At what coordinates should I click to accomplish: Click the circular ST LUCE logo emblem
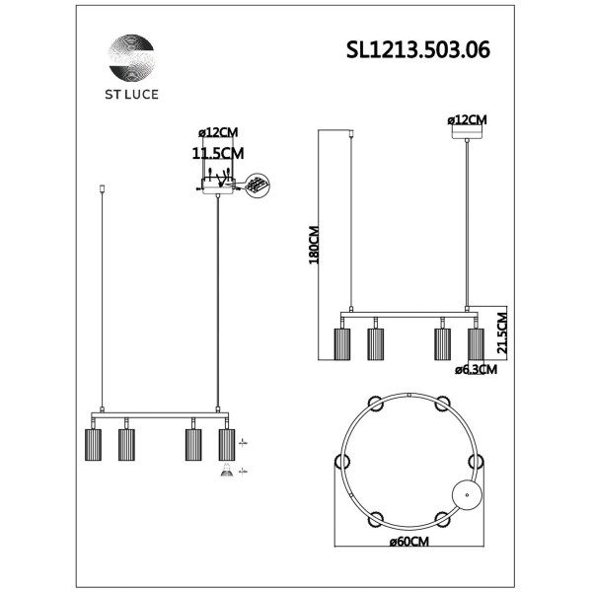(x=131, y=61)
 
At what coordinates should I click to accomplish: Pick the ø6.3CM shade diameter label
(x=476, y=371)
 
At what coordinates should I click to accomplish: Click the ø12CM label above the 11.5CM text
(x=216, y=133)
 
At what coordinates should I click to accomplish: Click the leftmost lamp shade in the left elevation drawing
(x=93, y=444)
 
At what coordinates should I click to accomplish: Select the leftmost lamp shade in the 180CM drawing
(x=341, y=345)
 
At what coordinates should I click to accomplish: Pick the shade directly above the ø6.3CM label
(x=476, y=345)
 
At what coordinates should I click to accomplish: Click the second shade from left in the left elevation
(x=126, y=444)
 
